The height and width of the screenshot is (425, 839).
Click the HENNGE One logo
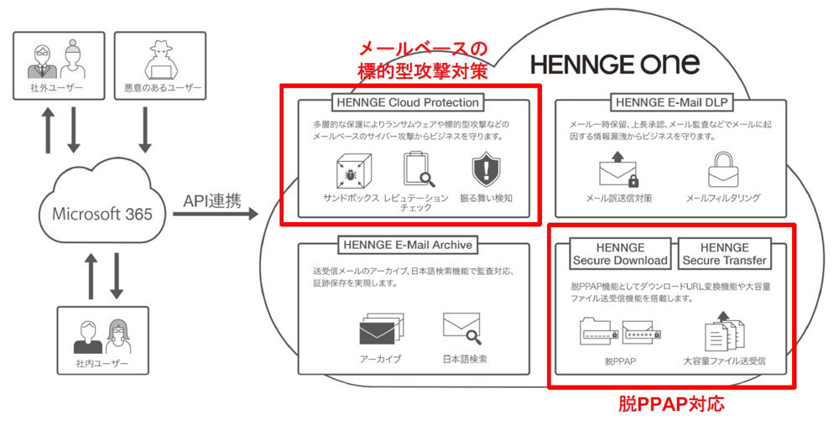pyautogui.click(x=615, y=65)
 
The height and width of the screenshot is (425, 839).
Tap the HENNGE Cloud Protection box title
pyautogui.click(x=408, y=102)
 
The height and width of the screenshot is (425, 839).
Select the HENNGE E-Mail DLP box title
pyautogui.click(x=671, y=102)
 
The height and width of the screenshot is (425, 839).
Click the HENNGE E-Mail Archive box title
pyautogui.click(x=408, y=245)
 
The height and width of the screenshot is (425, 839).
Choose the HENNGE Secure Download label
pyautogui.click(x=620, y=254)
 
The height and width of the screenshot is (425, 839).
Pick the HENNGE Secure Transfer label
pyautogui.click(x=725, y=254)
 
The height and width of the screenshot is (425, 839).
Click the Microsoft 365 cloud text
pyautogui.click(x=102, y=214)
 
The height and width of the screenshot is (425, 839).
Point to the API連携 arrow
pyautogui.click(x=216, y=215)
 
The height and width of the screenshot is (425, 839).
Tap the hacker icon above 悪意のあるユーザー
pyautogui.click(x=160, y=60)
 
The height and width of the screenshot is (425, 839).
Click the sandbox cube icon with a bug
pyautogui.click(x=352, y=170)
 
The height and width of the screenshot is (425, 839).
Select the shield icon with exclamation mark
pyautogui.click(x=487, y=170)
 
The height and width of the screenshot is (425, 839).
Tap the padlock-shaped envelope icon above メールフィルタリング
pyautogui.click(x=723, y=169)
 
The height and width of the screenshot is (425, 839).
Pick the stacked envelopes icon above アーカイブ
pyautogui.click(x=382, y=329)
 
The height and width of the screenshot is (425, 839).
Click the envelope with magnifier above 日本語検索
pyautogui.click(x=462, y=328)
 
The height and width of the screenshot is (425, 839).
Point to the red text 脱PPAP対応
pyautogui.click(x=671, y=403)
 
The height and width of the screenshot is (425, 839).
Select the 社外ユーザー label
pyautogui.click(x=57, y=88)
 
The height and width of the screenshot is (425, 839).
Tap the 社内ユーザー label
pyautogui.click(x=102, y=363)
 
